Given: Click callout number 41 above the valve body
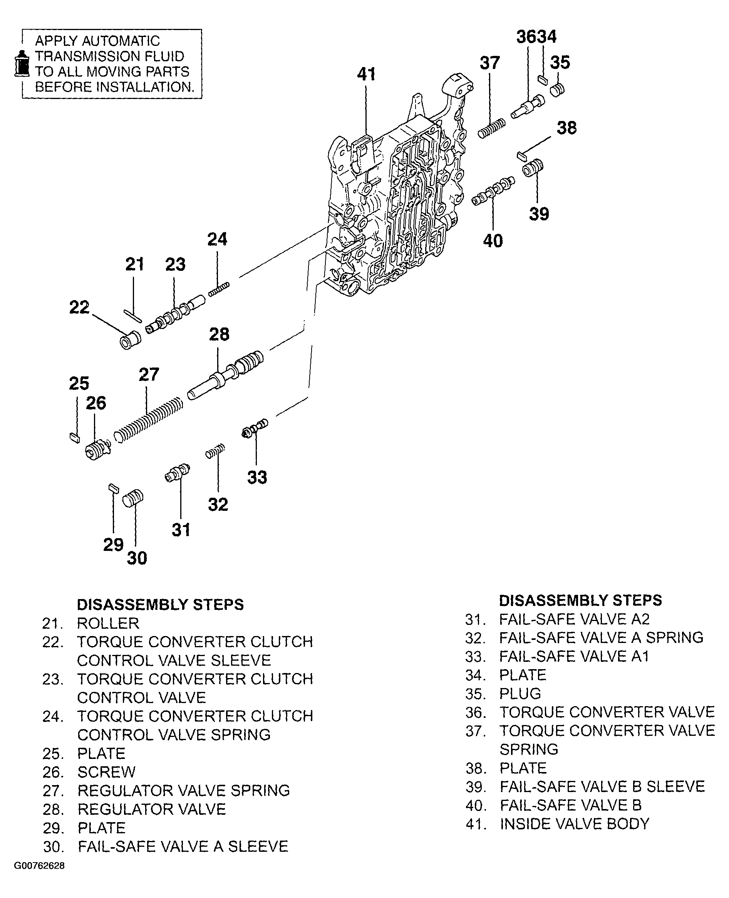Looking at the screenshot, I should pos(366,74).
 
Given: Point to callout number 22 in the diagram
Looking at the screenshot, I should pos(79,307).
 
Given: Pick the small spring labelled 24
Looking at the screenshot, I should pos(219,289).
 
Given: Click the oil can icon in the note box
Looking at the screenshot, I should pos(22,64).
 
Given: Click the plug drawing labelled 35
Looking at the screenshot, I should pos(557,89).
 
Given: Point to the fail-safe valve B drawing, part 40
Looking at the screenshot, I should pos(493,191).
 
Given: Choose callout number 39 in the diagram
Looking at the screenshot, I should pos(539,214).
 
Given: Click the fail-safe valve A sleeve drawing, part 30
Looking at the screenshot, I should pos(133,499).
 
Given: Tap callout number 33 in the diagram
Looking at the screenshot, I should pos(257,478).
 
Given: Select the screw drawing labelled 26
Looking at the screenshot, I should pos(97,449).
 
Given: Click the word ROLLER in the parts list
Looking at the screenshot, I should pos(108,623).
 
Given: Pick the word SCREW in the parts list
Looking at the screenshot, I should pos(107,772).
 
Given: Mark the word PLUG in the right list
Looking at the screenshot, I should pos(520,694).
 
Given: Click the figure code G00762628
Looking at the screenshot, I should pos(40,866).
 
